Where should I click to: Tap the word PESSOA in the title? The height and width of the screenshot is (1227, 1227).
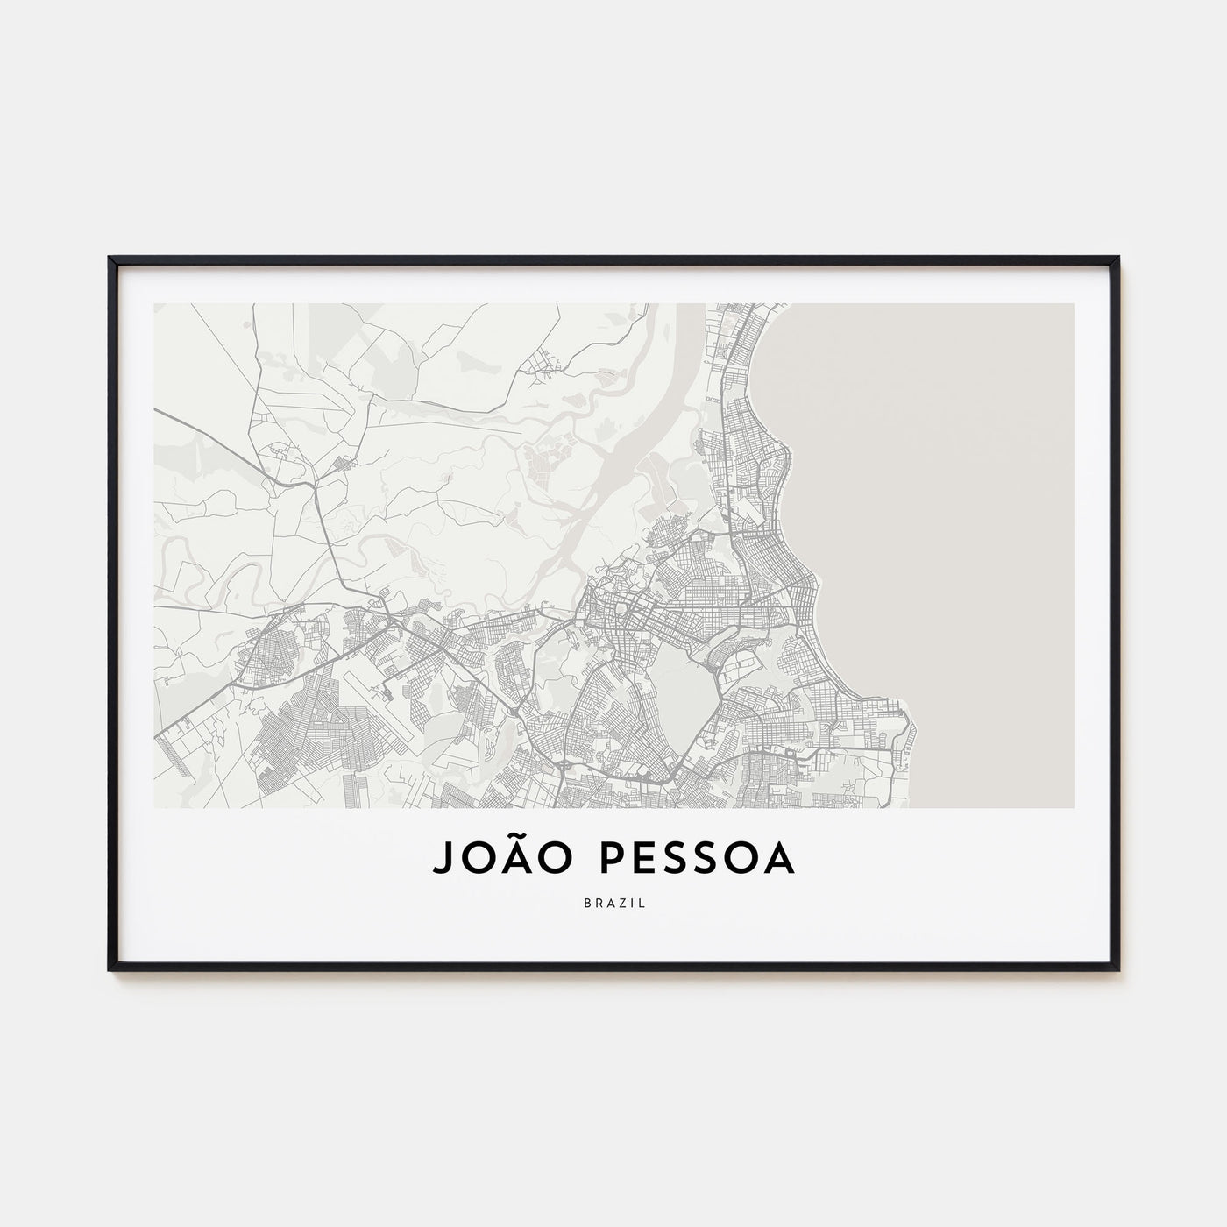[699, 860]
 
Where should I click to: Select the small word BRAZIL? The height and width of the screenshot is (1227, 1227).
[613, 903]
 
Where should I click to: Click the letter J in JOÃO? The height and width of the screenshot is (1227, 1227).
[443, 861]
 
